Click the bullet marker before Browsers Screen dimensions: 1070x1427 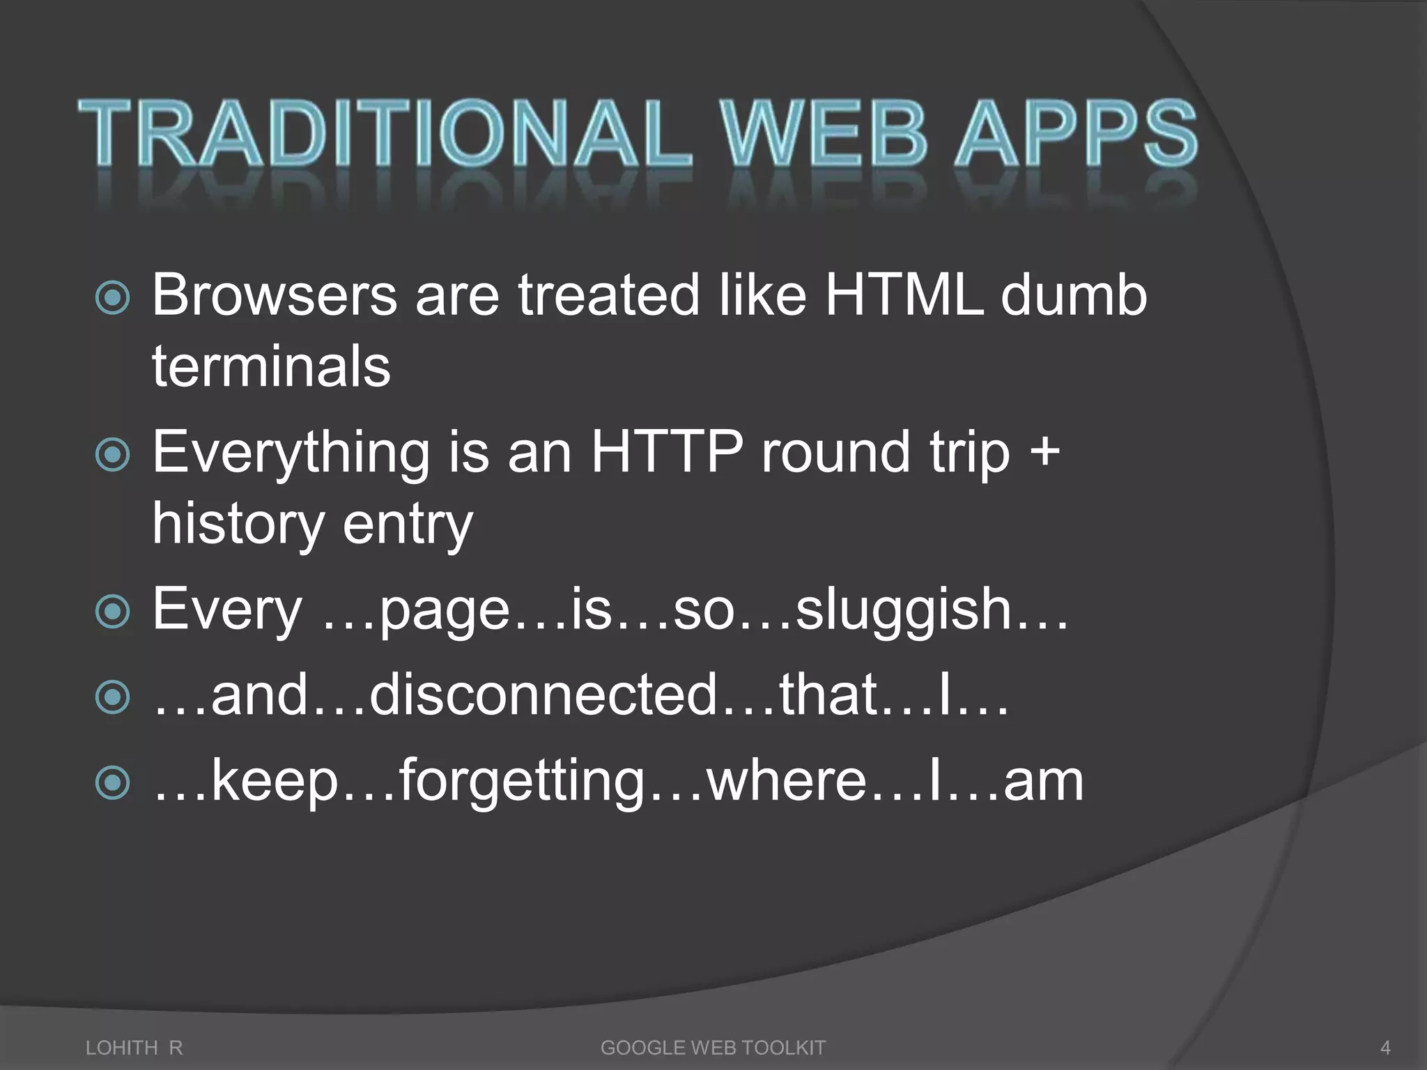tap(112, 297)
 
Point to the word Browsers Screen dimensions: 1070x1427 tap(275, 295)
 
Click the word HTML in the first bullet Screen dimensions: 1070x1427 tap(904, 295)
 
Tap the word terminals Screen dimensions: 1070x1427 tap(271, 366)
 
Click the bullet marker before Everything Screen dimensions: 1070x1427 tap(112, 455)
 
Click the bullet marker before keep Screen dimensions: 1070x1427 tap(112, 782)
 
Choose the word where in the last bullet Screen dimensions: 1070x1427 tap(787, 782)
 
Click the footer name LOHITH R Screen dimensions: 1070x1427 tap(134, 1047)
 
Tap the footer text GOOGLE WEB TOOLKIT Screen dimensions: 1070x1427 tap(713, 1047)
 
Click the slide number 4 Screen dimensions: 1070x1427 tap(1385, 1047)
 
